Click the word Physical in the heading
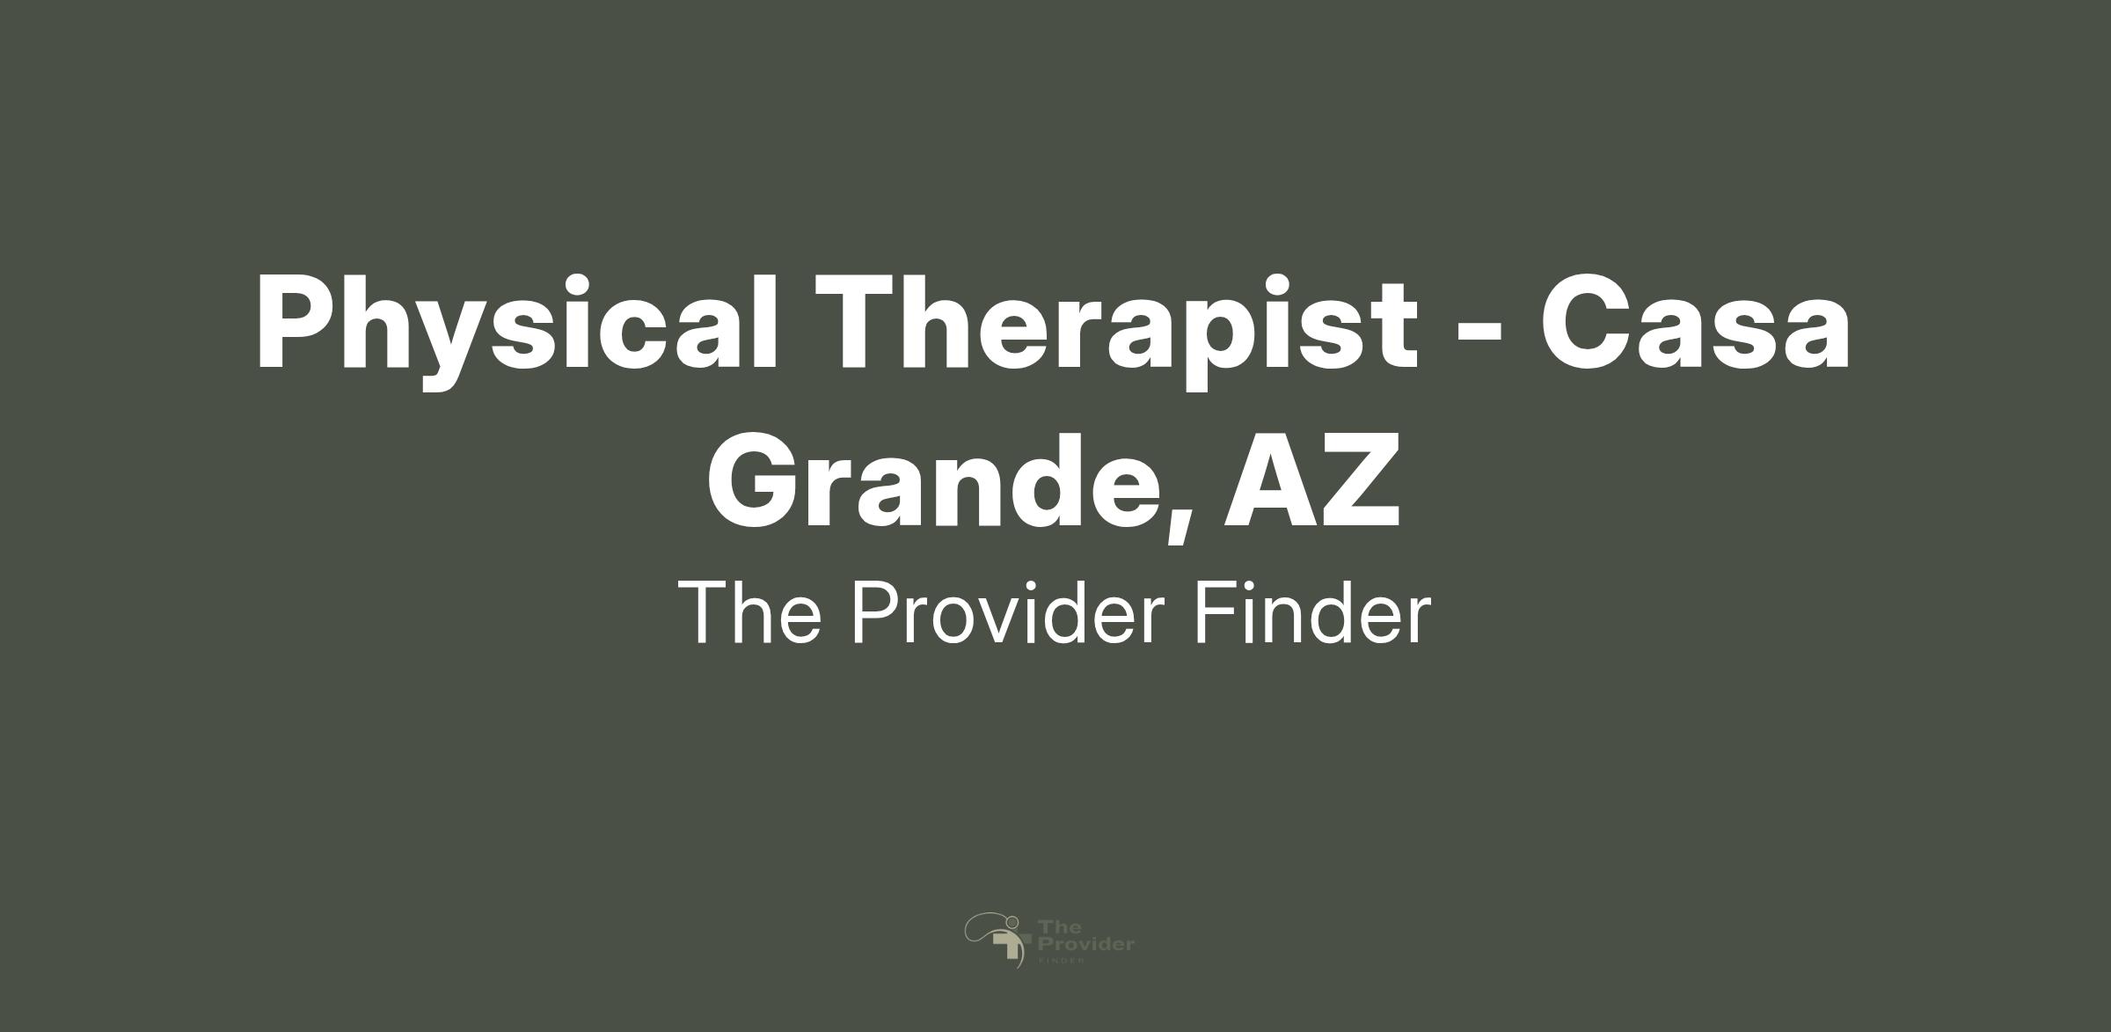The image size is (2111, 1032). pyautogui.click(x=518, y=326)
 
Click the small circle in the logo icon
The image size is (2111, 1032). pyautogui.click(x=1012, y=922)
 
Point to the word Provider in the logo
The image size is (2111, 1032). pyautogui.click(x=1086, y=945)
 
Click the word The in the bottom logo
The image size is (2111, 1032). pyautogui.click(x=1054, y=926)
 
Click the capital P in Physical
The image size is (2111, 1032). pyautogui.click(x=296, y=321)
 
